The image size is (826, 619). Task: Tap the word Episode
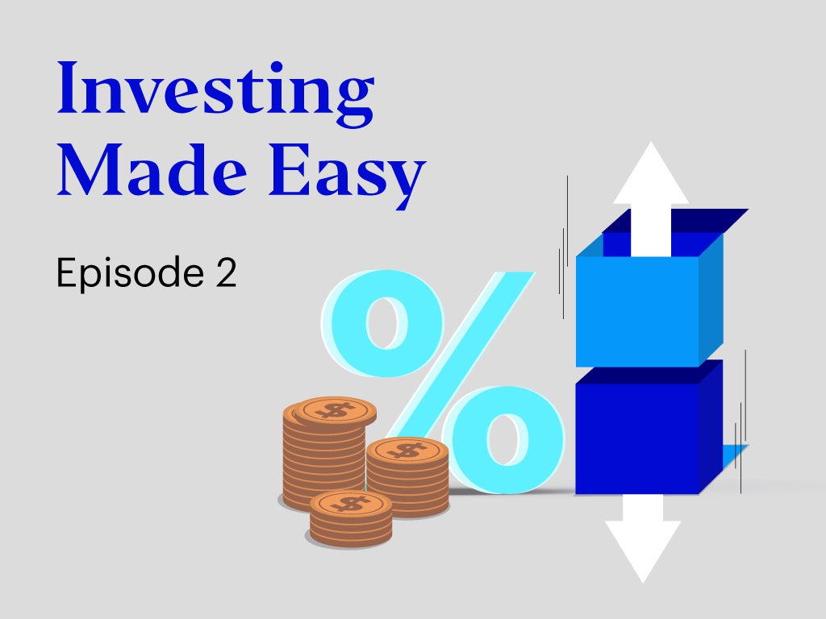coord(130,272)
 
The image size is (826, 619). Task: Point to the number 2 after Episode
coord(227,272)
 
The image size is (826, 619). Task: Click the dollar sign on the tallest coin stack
coord(336,409)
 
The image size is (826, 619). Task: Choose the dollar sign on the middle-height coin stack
coord(407,451)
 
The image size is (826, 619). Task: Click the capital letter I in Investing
coord(68,87)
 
